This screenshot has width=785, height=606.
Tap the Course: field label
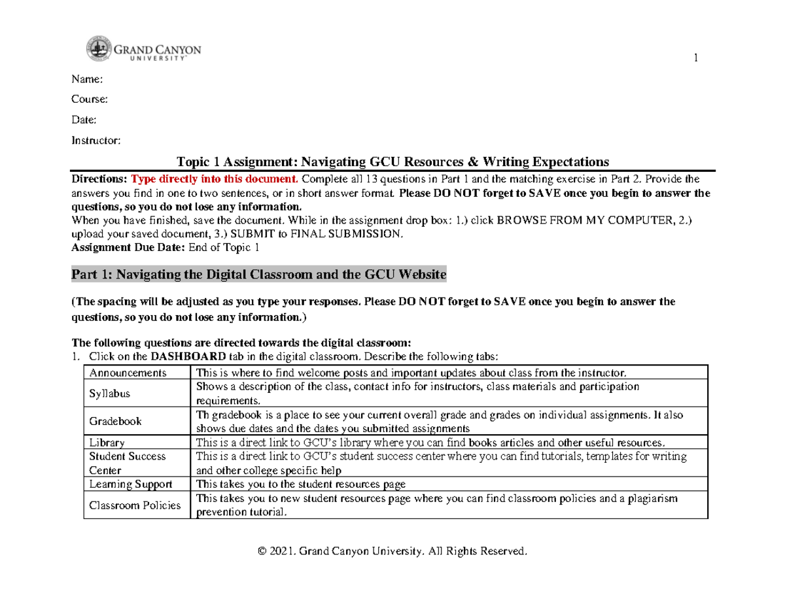pos(89,99)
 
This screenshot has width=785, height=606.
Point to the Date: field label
pos(84,120)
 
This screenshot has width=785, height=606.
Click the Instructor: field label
pos(96,140)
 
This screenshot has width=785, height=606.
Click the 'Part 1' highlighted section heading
pos(258,275)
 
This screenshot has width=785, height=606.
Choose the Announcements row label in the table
pos(128,373)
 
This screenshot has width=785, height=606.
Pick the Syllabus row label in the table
pos(109,394)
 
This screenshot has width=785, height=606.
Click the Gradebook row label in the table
pos(115,421)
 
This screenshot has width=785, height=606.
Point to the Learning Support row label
pos(131,484)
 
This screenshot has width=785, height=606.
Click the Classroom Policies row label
pos(135,505)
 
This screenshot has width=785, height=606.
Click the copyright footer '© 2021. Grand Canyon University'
pos(392,552)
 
